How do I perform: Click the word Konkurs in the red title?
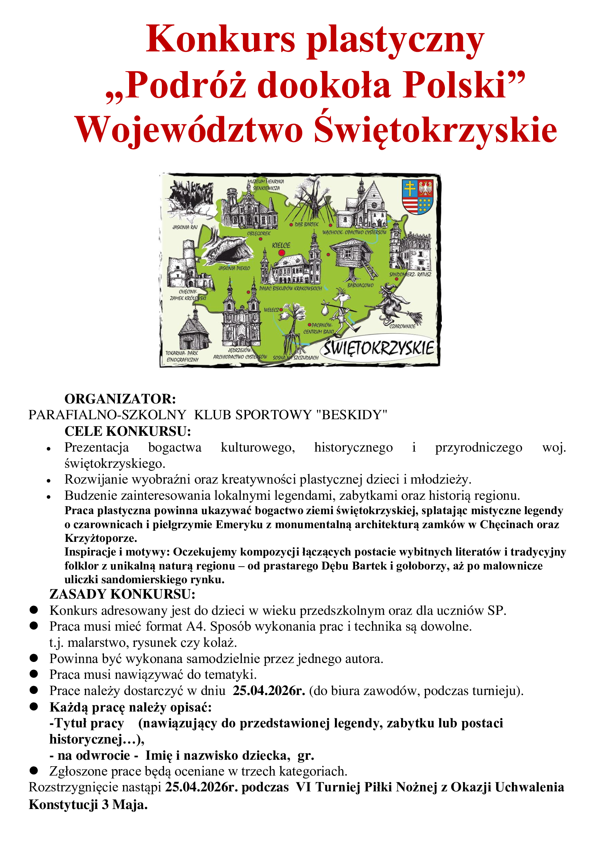[220, 40]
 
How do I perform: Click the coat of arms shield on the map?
[417, 197]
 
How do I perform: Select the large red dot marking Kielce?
[281, 253]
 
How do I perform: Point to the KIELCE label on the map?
[281, 245]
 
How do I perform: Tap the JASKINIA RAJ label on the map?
[185, 227]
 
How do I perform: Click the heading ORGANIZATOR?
[120, 398]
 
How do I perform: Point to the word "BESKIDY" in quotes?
[351, 415]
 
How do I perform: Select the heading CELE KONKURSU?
[127, 431]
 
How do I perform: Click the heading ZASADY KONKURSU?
[122, 594]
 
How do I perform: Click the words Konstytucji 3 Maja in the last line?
[88, 805]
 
